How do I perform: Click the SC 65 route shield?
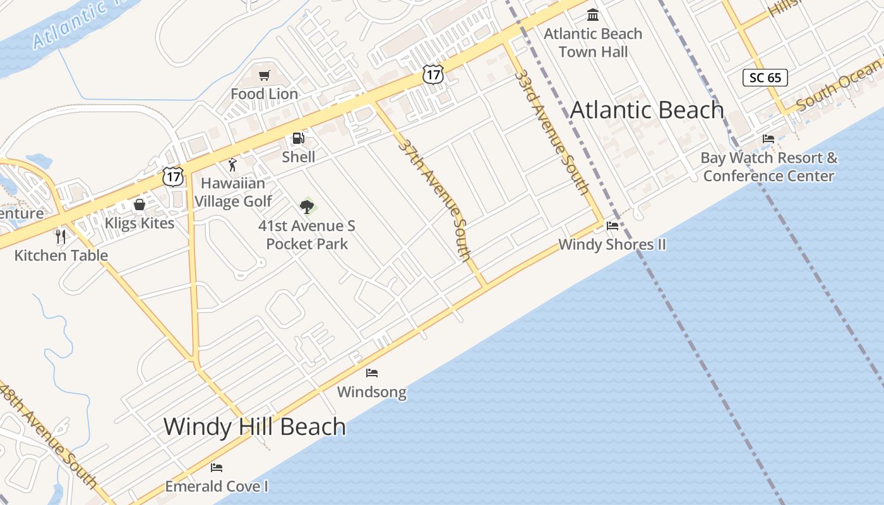(765, 78)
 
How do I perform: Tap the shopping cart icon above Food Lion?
(265, 76)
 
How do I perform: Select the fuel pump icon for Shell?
(298, 138)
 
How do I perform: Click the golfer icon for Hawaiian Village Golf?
(232, 165)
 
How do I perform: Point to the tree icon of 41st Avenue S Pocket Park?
(307, 206)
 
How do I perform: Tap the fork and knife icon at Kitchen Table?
(61, 237)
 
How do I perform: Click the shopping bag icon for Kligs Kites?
(140, 205)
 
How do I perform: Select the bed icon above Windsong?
(372, 373)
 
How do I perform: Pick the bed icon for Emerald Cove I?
(217, 468)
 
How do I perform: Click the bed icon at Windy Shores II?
(612, 225)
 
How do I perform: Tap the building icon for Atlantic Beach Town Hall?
(593, 15)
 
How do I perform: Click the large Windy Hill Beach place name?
(254, 427)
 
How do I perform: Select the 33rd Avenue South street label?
(552, 131)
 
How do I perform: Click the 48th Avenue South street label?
(48, 436)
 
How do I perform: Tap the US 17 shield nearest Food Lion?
(433, 74)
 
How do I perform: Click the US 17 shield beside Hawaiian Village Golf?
(173, 176)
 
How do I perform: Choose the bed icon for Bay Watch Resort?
(768, 139)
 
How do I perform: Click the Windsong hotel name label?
(371, 392)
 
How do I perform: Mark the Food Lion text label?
(264, 94)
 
